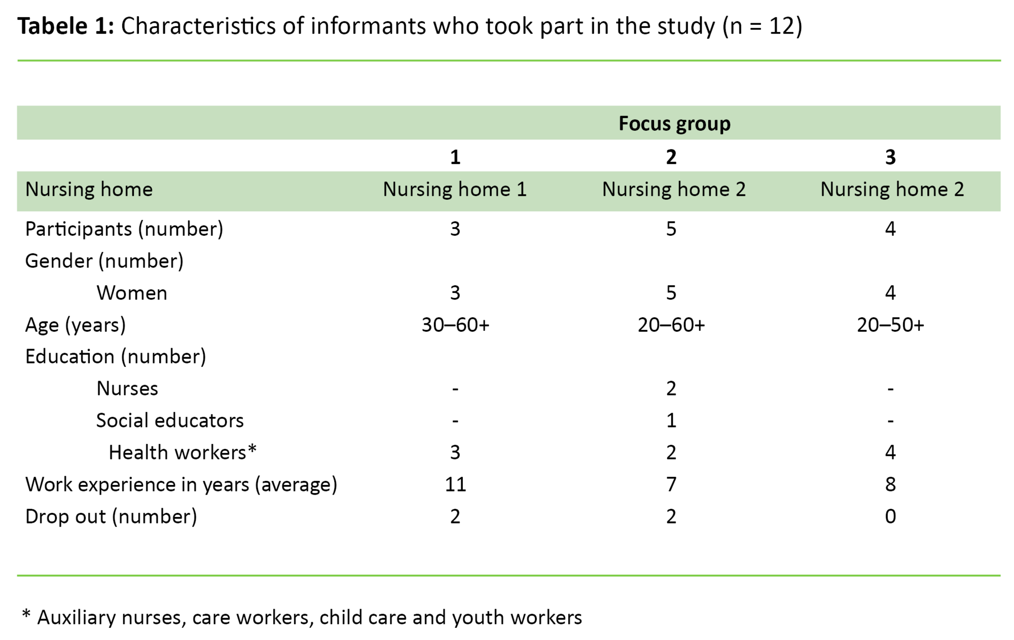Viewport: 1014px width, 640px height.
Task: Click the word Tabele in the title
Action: pos(53,26)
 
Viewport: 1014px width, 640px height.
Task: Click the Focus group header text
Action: pos(674,124)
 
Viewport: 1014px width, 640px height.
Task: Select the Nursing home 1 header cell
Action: pos(455,190)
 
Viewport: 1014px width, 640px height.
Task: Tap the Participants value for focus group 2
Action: pos(671,229)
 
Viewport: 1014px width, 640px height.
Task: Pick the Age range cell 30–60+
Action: pos(455,325)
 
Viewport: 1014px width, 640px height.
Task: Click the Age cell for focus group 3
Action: pos(890,325)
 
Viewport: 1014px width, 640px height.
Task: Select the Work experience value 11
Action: pos(455,484)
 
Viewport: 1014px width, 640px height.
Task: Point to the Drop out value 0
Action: pos(890,516)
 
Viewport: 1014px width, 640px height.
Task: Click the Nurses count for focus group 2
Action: pos(671,389)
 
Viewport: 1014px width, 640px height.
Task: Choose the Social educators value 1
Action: pos(671,421)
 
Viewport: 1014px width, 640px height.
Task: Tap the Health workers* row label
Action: pos(183,453)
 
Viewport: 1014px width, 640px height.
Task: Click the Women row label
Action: pos(132,293)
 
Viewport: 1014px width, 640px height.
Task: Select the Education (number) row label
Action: pos(116,357)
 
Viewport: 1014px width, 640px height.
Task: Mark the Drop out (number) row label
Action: pos(111,516)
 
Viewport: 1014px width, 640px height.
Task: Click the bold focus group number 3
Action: pos(890,158)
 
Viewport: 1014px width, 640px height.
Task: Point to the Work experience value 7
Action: pos(671,484)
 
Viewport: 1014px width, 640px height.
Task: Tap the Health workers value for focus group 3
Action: pos(890,453)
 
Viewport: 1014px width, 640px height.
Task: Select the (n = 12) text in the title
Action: pos(762,26)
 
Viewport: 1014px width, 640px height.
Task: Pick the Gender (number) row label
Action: pos(104,261)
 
